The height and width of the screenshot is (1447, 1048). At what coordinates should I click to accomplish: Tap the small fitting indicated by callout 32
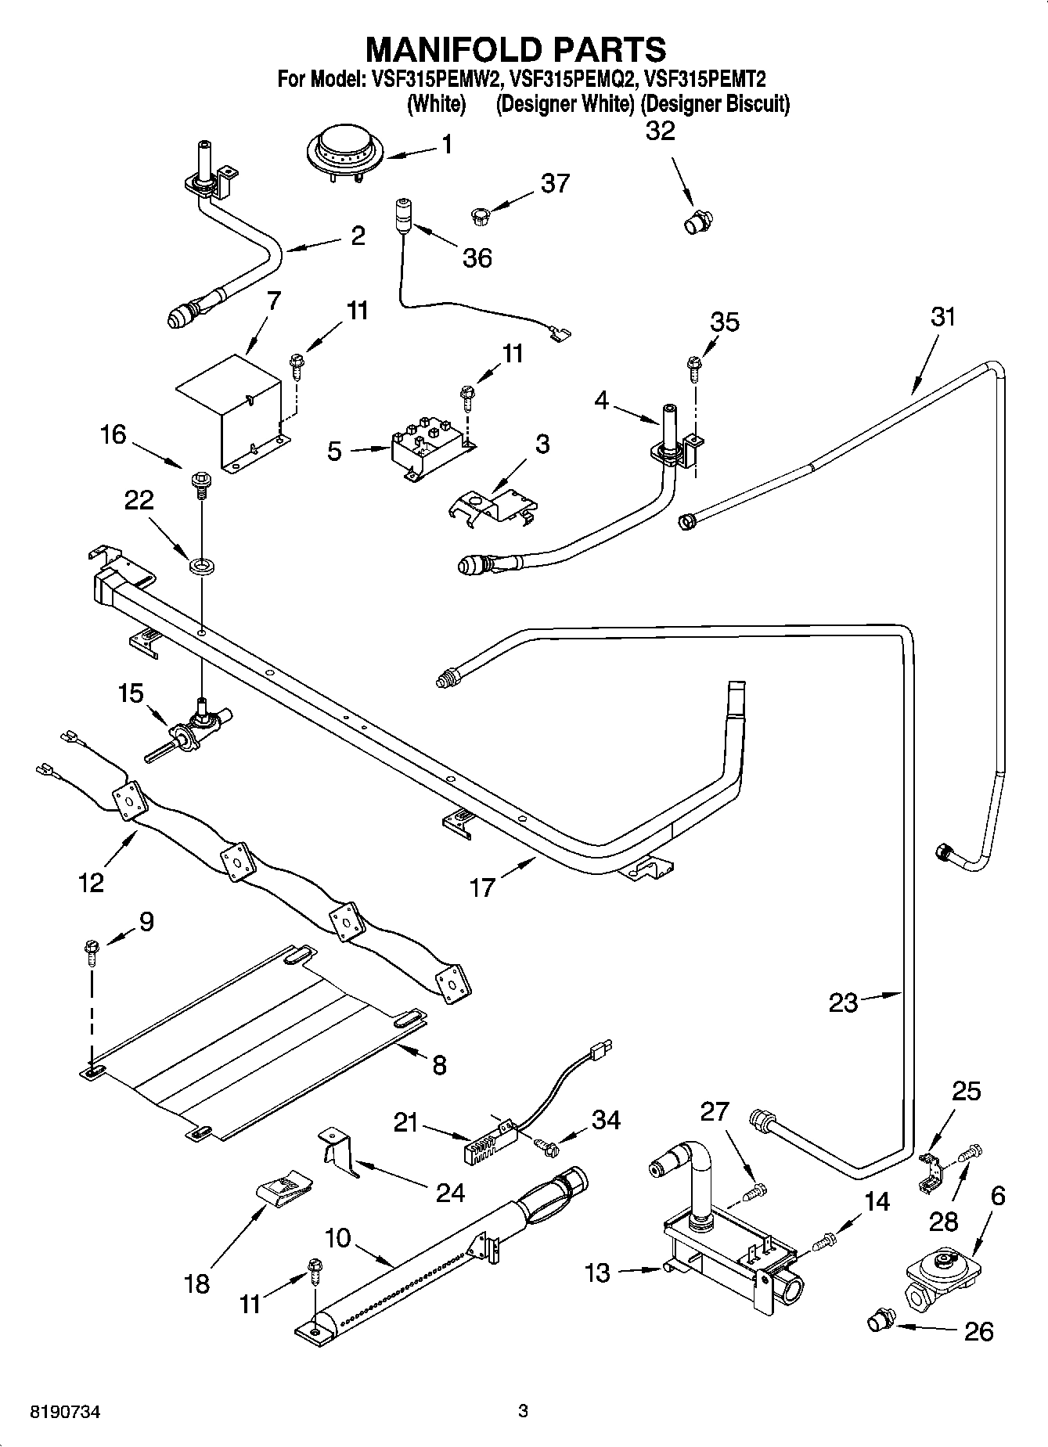[694, 222]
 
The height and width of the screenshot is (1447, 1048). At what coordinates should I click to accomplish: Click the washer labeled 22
[202, 563]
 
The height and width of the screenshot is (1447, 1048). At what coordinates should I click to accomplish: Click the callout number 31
[943, 317]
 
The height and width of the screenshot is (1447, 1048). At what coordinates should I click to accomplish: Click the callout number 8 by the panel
[439, 1064]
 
